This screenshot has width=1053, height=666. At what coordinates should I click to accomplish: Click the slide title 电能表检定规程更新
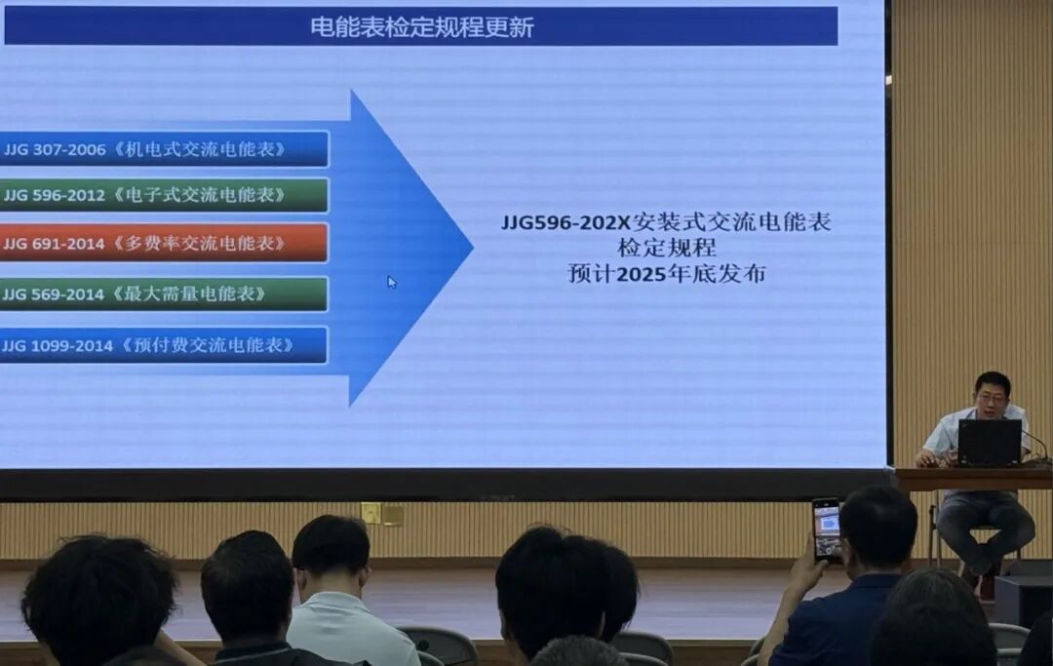421,26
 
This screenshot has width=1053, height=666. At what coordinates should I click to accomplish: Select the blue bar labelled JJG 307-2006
163,149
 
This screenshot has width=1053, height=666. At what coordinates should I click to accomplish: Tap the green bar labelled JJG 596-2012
163,195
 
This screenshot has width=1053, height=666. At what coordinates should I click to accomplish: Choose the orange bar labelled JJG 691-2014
163,243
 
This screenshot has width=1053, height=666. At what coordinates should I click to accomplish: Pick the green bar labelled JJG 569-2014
163,294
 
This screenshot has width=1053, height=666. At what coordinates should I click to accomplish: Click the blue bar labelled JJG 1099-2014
163,345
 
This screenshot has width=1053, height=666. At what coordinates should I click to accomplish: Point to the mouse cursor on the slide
391,282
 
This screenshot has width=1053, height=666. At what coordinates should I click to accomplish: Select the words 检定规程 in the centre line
666,248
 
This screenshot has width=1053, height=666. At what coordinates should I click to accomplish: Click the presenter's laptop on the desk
989,443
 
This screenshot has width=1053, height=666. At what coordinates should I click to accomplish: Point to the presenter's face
992,397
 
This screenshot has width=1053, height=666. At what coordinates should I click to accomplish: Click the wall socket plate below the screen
381,514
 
